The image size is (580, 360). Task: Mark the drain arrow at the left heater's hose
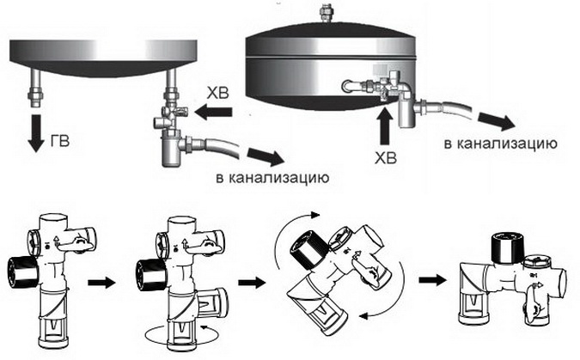click(x=264, y=156)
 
